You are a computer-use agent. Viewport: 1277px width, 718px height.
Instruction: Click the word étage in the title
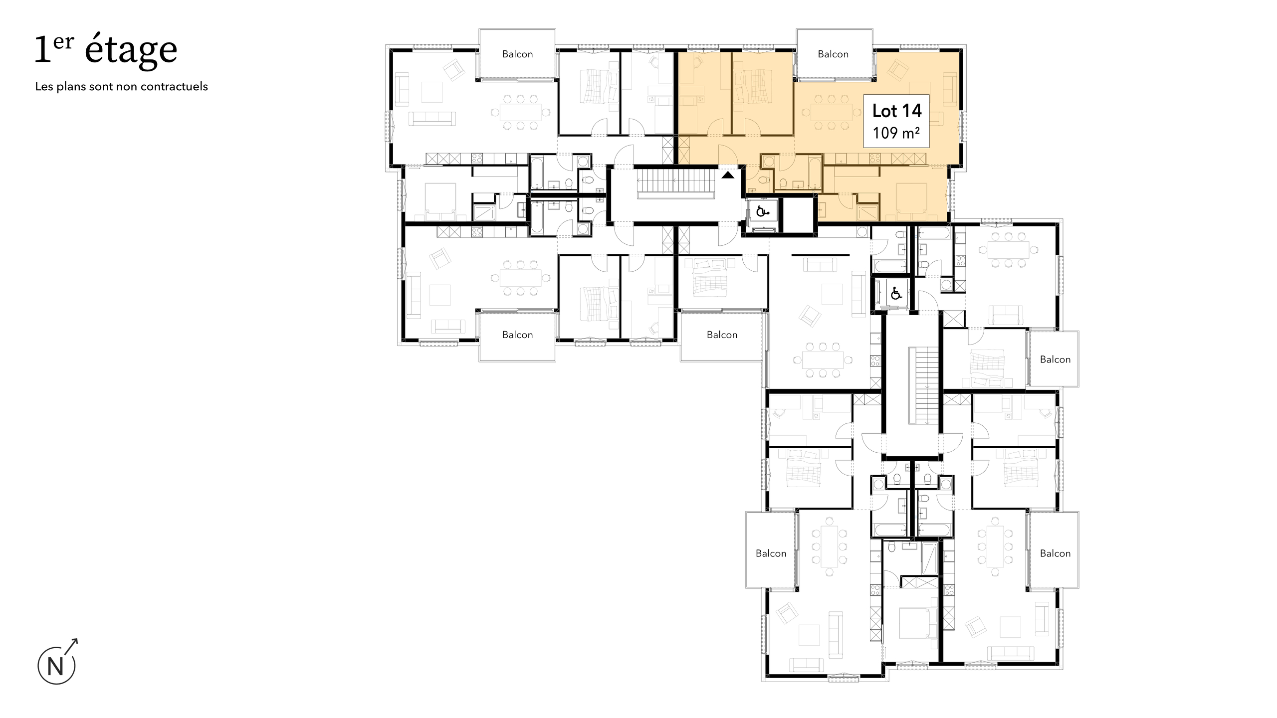click(x=131, y=50)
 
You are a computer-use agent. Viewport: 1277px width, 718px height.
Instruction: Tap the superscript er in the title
click(x=63, y=43)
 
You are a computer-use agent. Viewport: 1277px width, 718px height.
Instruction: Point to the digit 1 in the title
click(x=43, y=50)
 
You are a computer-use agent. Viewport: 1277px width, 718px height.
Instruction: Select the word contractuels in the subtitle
click(x=174, y=86)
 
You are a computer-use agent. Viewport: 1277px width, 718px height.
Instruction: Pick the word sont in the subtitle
click(x=101, y=86)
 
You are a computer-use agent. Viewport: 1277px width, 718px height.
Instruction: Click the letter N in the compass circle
click(x=56, y=667)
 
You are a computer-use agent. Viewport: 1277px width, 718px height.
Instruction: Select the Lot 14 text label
click(x=896, y=111)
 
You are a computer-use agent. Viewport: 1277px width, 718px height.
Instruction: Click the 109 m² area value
click(x=896, y=133)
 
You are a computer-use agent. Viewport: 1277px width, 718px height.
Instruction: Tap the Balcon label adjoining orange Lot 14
click(x=833, y=54)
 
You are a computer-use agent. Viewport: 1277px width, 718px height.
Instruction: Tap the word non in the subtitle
click(x=128, y=86)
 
